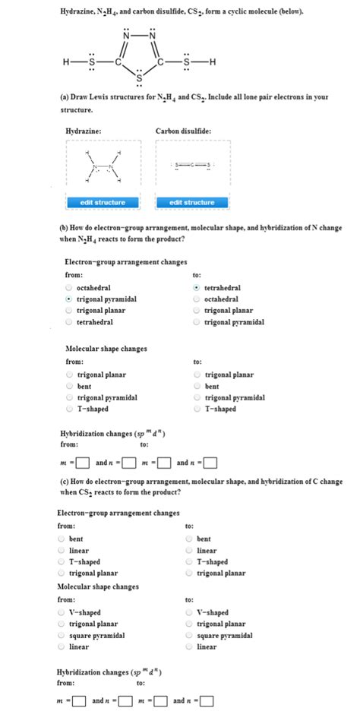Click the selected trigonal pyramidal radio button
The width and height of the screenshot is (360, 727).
click(68, 299)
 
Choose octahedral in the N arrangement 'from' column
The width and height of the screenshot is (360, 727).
click(68, 289)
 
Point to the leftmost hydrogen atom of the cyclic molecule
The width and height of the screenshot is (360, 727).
click(66, 62)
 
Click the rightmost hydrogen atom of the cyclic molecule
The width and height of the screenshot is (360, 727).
click(213, 62)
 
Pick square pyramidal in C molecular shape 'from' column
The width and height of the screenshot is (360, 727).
click(62, 636)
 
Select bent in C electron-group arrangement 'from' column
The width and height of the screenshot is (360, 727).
click(62, 539)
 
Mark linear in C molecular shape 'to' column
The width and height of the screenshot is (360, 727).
click(190, 647)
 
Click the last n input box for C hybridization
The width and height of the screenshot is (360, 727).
click(207, 701)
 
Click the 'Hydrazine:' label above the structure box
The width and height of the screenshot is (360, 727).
click(84, 131)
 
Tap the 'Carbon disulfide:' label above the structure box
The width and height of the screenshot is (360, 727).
click(183, 131)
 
